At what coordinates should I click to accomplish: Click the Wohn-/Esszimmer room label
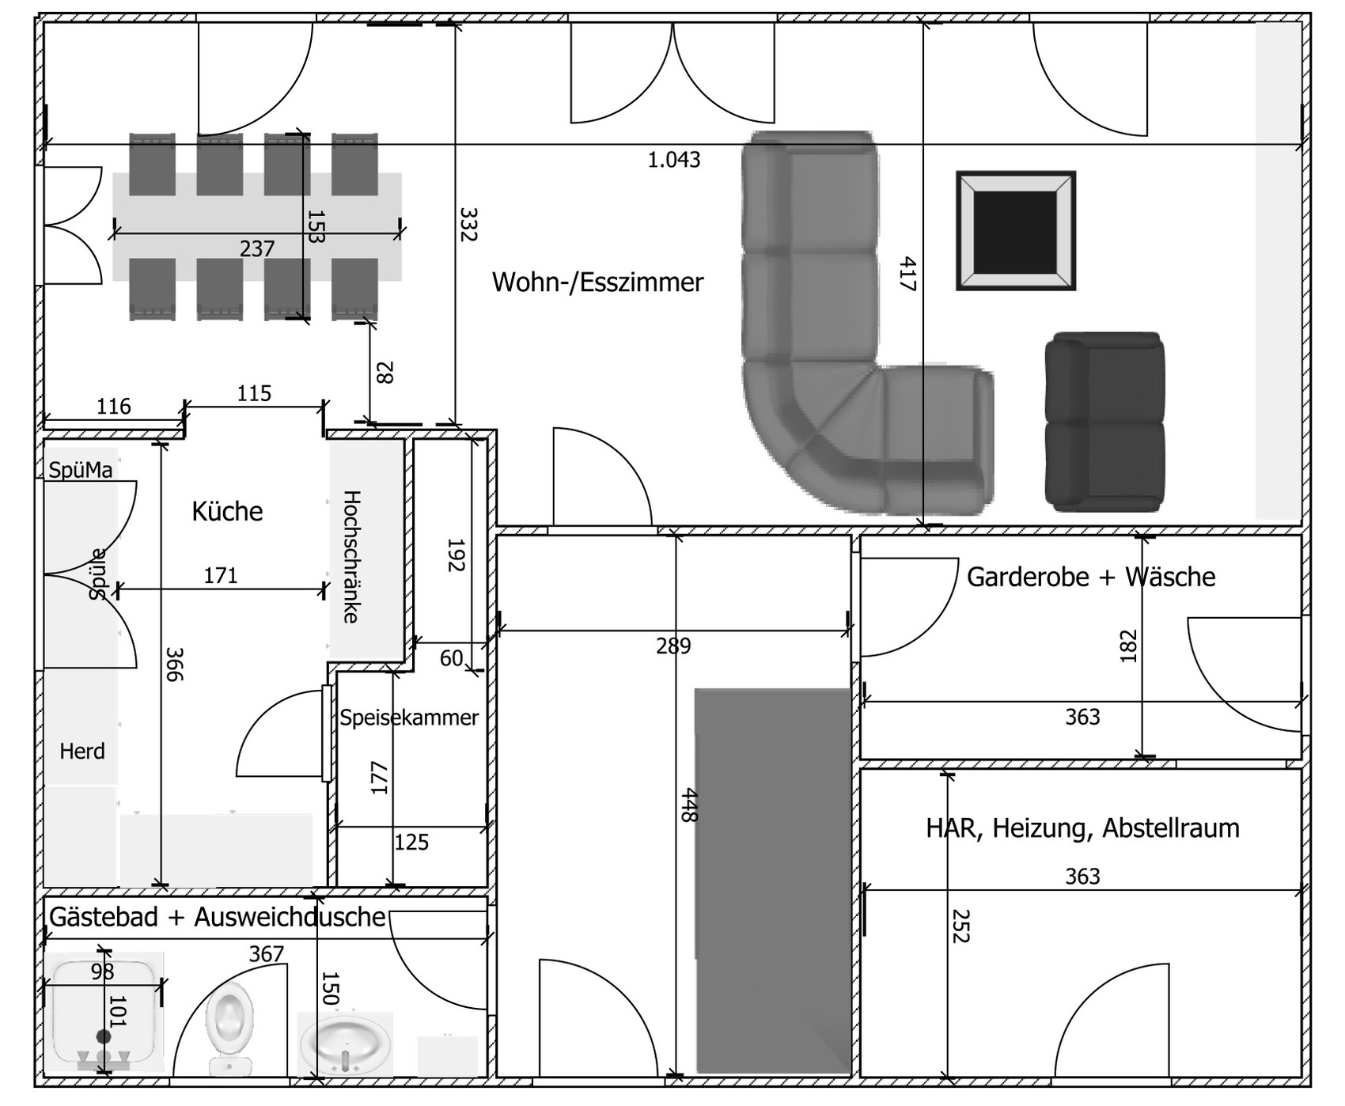click(597, 282)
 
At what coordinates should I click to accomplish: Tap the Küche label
click(227, 511)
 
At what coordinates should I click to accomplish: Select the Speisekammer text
click(409, 718)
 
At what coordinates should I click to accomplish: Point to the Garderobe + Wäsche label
click(1091, 577)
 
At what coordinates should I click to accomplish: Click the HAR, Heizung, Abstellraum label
click(1082, 828)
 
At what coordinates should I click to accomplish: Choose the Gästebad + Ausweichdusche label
click(218, 917)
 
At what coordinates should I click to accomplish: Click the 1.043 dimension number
click(674, 160)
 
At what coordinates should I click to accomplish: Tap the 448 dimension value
click(688, 805)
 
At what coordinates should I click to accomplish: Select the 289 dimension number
click(673, 646)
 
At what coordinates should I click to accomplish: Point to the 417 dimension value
click(907, 274)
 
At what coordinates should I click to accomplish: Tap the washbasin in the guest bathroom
click(345, 1043)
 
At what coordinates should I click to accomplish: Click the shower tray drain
click(103, 1036)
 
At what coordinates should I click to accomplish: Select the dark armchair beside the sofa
click(1104, 421)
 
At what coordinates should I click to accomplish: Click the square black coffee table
click(1016, 230)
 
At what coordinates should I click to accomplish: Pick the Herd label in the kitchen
click(82, 751)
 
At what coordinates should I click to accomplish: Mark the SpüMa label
click(81, 470)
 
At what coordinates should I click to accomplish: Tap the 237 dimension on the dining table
click(257, 249)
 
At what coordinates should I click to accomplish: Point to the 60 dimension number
click(451, 658)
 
